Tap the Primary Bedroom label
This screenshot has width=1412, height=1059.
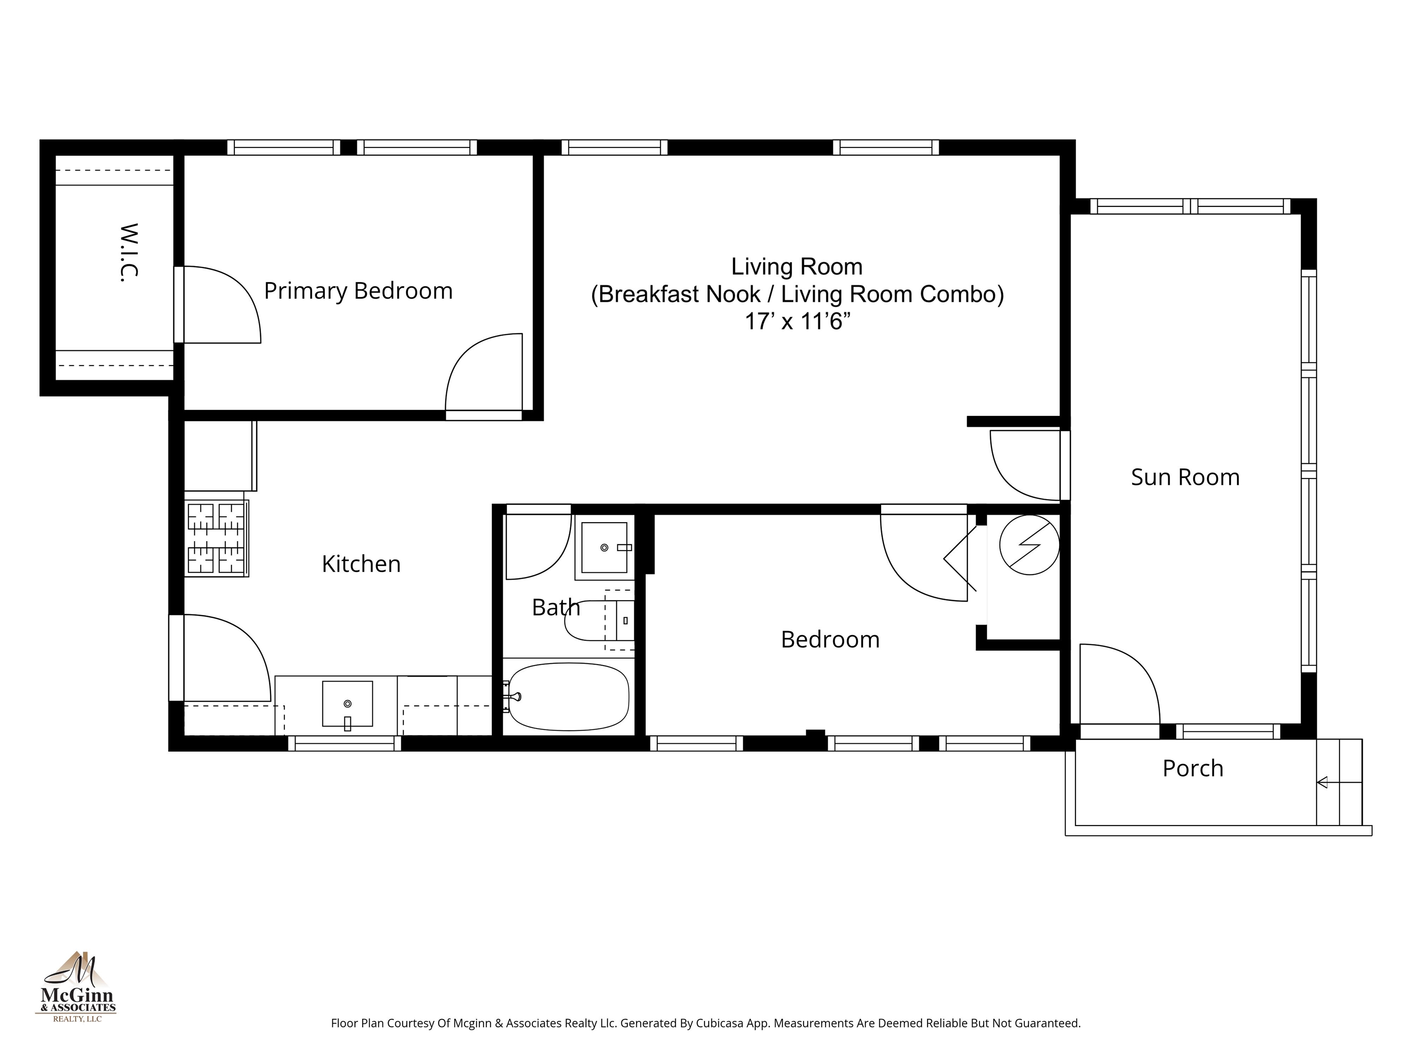pyautogui.click(x=358, y=291)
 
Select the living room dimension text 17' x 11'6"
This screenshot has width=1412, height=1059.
pyautogui.click(x=797, y=322)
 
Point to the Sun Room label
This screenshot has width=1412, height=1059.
pyautogui.click(x=1185, y=478)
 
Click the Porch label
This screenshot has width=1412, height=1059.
pyautogui.click(x=1192, y=768)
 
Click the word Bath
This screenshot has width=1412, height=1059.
pyautogui.click(x=555, y=607)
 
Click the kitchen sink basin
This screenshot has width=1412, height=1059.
pyautogui.click(x=347, y=703)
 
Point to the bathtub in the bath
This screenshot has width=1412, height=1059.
pyautogui.click(x=568, y=696)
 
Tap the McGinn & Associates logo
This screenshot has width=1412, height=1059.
pyautogui.click(x=77, y=987)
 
